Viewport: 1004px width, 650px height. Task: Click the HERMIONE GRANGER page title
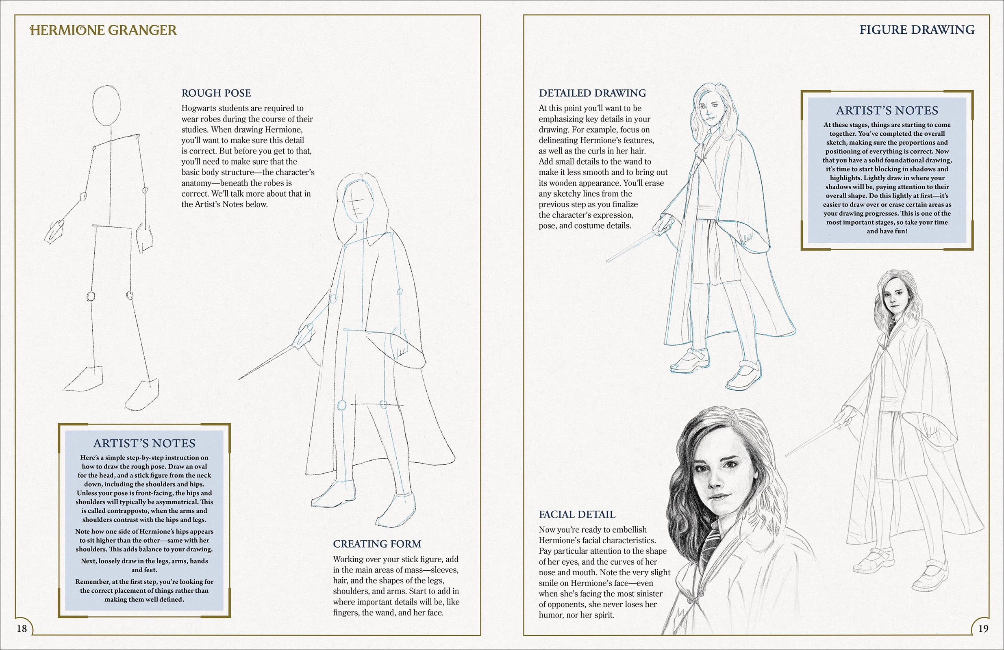(103, 30)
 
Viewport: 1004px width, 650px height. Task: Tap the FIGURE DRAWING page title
(917, 30)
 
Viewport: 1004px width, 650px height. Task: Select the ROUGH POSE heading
(216, 93)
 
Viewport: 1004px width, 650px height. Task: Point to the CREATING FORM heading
(377, 544)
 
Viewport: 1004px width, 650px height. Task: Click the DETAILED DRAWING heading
(592, 93)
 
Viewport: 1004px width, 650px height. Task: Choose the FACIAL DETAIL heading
(577, 514)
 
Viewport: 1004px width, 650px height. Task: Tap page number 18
(22, 628)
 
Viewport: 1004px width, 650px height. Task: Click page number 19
(983, 628)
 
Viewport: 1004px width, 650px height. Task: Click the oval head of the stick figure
(107, 105)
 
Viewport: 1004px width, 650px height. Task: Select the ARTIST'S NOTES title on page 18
(144, 443)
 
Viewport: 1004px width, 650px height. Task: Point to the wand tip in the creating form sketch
(239, 379)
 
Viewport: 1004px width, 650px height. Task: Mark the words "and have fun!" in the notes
(887, 231)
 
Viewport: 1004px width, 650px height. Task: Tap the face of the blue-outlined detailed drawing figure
(707, 110)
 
